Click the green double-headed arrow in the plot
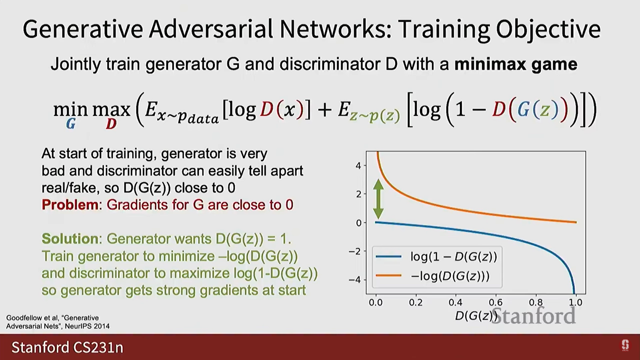tap(378, 199)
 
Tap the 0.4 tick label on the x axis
tap(455, 303)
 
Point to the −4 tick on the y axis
tap(355, 280)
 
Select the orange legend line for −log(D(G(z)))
tap(388, 276)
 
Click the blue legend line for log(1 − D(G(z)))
tap(388, 256)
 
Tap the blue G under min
tap(71, 124)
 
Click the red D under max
tap(111, 124)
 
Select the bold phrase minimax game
tap(516, 64)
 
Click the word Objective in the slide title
tap(548, 30)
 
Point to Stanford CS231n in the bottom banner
tap(67, 347)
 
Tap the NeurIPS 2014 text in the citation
tap(87, 326)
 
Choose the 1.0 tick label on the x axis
tap(575, 303)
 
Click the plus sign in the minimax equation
tap(324, 110)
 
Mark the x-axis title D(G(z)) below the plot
tap(476, 316)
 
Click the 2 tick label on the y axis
tap(359, 194)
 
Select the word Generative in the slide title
tap(83, 30)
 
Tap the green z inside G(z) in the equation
tap(545, 110)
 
